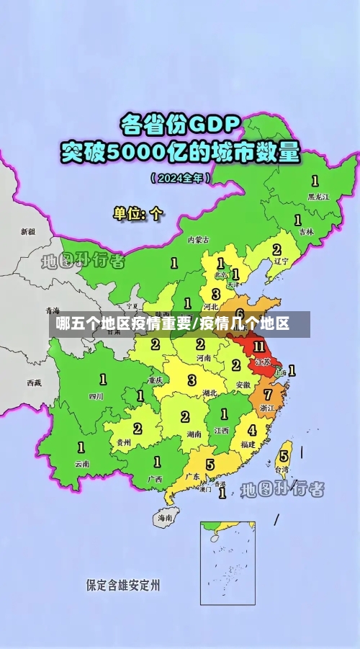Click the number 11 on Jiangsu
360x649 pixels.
[x=259, y=347]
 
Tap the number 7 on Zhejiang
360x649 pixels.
[x=268, y=395]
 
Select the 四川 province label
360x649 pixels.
[x=96, y=395]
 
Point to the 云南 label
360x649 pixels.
[x=82, y=464]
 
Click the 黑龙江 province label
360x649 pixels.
[x=318, y=196]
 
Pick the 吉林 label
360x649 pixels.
[x=307, y=232]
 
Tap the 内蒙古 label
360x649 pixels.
[x=198, y=239]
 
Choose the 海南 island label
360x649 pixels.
[x=165, y=517]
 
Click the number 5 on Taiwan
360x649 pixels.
[x=284, y=456]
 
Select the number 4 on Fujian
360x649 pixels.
[x=251, y=431]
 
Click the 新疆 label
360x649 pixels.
[x=27, y=232]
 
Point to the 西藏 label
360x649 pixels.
[x=34, y=382]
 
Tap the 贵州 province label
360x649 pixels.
[x=124, y=442]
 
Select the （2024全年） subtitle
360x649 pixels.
[x=181, y=177]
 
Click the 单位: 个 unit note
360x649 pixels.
[x=138, y=213]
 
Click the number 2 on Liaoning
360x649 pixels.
[x=276, y=250]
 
